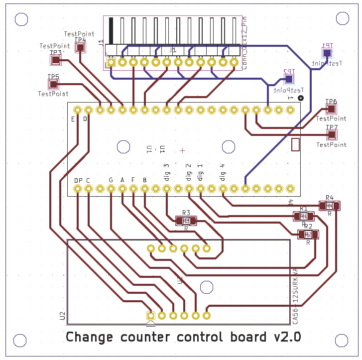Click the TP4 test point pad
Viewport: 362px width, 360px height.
point(80,47)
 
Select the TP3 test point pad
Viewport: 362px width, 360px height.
point(56,60)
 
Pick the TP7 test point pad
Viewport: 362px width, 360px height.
point(331,135)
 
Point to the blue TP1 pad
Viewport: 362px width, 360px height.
point(327,53)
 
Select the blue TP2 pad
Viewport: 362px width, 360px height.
point(289,79)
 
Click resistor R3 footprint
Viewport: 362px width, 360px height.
point(186,220)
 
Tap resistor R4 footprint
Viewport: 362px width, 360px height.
point(329,206)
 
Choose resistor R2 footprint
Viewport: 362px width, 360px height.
point(308,234)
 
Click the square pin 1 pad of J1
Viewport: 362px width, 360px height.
point(112,62)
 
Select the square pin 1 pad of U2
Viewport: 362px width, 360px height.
point(150,315)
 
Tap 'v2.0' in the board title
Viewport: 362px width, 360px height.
point(287,337)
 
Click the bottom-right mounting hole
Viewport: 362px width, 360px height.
point(342,341)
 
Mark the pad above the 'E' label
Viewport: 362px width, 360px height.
point(77,110)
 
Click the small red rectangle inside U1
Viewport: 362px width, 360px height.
point(295,144)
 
